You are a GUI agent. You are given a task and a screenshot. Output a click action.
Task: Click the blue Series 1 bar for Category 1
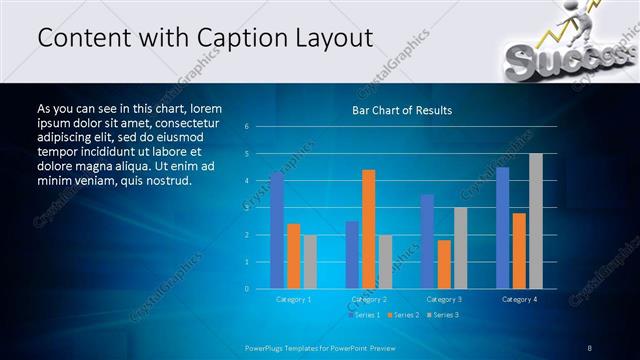coord(277,231)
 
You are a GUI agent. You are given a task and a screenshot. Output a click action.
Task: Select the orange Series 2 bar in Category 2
coord(368,229)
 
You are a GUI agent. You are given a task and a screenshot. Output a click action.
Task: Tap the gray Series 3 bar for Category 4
coord(535,221)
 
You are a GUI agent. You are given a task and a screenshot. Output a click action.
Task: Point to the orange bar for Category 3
coord(444,264)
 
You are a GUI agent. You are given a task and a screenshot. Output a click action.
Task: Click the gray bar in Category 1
coord(310,262)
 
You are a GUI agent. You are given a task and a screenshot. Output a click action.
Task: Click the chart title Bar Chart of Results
coord(402,110)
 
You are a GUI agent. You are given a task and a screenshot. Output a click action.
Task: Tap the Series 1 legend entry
coord(363,315)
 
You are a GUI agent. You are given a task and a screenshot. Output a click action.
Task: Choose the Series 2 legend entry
coord(402,315)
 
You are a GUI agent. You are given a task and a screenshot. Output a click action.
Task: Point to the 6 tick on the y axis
coord(260,127)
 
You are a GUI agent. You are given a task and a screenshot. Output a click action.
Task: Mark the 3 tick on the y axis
coord(260,208)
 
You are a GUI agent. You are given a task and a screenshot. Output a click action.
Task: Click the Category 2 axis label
coord(369,299)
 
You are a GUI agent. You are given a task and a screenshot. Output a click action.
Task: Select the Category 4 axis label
coord(519,299)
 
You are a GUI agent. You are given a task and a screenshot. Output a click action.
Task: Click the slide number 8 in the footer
coord(589,347)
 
